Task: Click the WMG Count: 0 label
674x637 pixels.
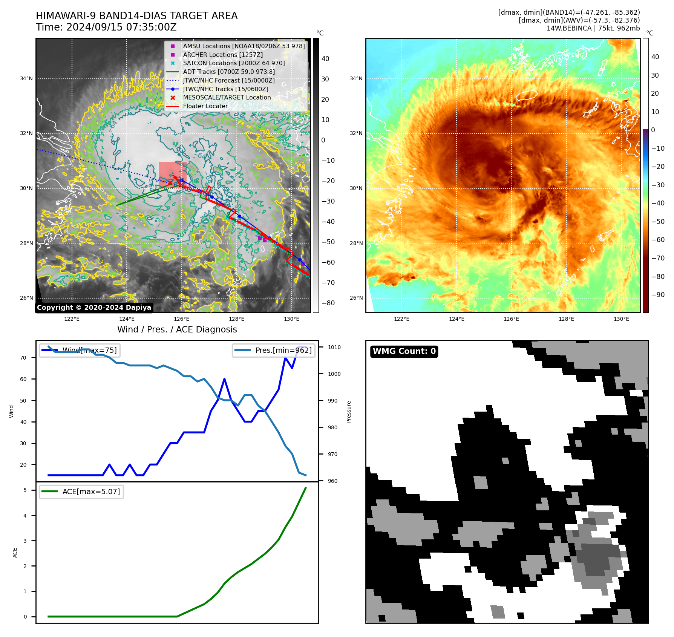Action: point(404,351)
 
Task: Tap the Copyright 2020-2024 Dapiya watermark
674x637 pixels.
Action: point(94,308)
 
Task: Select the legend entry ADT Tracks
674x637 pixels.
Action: point(228,72)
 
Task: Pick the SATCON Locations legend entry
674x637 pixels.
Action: point(234,63)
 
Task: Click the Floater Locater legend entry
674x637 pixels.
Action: point(205,106)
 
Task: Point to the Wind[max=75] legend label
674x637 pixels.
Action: point(90,350)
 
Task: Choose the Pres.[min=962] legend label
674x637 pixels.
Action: point(283,350)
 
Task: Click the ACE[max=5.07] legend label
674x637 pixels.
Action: point(91,492)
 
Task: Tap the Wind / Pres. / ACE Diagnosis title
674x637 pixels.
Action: point(177,329)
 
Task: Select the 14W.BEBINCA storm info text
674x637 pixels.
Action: point(593,28)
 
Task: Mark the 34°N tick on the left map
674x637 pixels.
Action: point(26,78)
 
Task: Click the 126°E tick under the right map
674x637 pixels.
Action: point(512,319)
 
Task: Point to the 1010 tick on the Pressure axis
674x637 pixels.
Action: point(334,347)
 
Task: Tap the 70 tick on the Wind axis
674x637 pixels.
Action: point(23,358)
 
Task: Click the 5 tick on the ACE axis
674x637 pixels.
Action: point(25,490)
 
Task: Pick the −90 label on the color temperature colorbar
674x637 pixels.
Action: point(658,295)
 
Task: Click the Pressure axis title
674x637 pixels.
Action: point(349,412)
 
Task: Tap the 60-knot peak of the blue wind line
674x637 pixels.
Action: point(225,379)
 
